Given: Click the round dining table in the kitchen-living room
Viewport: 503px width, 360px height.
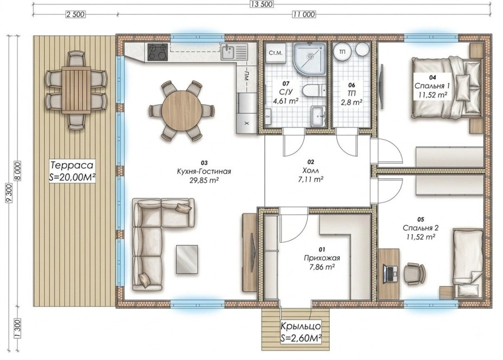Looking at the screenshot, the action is point(182,111).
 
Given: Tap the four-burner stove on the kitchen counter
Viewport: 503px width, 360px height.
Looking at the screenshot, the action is point(158,52).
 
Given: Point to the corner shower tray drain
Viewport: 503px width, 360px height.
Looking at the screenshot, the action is point(311,55).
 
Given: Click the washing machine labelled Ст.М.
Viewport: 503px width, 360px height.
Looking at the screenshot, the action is point(276,53).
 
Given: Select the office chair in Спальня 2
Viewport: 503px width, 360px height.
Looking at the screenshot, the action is point(415,274).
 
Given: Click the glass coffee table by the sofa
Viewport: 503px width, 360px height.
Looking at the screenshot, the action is point(187,259).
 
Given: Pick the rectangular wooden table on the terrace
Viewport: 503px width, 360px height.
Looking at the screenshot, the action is point(76,90).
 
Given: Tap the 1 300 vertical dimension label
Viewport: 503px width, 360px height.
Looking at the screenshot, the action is point(17,329).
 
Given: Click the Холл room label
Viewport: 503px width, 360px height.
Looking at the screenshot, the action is point(311,170).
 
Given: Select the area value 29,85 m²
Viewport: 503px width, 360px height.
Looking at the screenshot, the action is point(204,181).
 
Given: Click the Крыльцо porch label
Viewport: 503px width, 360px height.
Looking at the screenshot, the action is point(301,326).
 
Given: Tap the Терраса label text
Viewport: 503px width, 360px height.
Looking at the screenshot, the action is point(72,165).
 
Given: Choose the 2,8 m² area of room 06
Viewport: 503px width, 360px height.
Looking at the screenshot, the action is point(352,102).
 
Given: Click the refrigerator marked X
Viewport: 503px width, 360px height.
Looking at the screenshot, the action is point(246,113).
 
